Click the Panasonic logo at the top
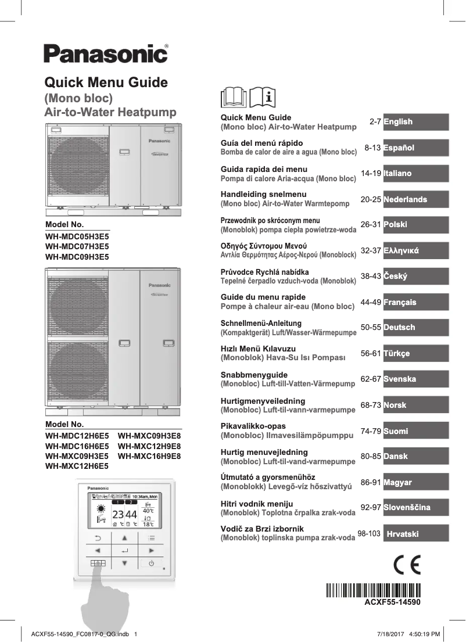(105, 54)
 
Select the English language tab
(415, 122)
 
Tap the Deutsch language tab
(415, 328)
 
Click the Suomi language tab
(415, 431)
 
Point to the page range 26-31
(370, 224)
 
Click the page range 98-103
(369, 533)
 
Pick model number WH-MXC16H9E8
(149, 456)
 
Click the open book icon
(234, 98)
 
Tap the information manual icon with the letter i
(263, 98)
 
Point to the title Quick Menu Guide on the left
(106, 83)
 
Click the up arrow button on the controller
(124, 538)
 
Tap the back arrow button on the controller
(98, 538)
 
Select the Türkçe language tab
(415, 353)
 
